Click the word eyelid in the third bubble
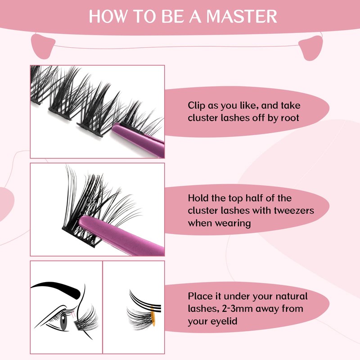coord(224,321)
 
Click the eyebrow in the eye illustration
coord(58,288)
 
